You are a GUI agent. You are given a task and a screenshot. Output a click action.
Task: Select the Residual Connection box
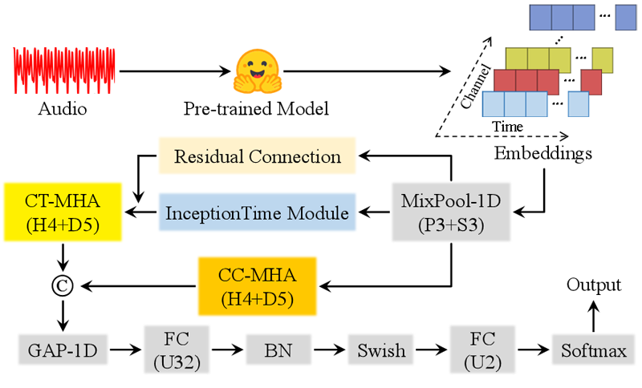(257, 156)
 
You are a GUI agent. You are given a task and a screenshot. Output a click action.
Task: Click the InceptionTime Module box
(257, 213)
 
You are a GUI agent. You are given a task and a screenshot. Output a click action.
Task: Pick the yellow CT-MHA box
(62, 212)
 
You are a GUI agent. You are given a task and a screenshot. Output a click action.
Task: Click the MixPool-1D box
(450, 212)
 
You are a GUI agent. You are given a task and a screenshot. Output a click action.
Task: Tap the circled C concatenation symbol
(62, 286)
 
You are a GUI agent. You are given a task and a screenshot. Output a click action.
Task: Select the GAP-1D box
(62, 350)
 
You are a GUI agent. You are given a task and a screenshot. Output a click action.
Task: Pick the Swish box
(376, 350)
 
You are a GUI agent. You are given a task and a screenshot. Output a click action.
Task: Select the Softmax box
(594, 350)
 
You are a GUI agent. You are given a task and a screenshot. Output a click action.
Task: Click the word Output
(594, 285)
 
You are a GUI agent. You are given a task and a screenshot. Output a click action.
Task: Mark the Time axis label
(507, 127)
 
